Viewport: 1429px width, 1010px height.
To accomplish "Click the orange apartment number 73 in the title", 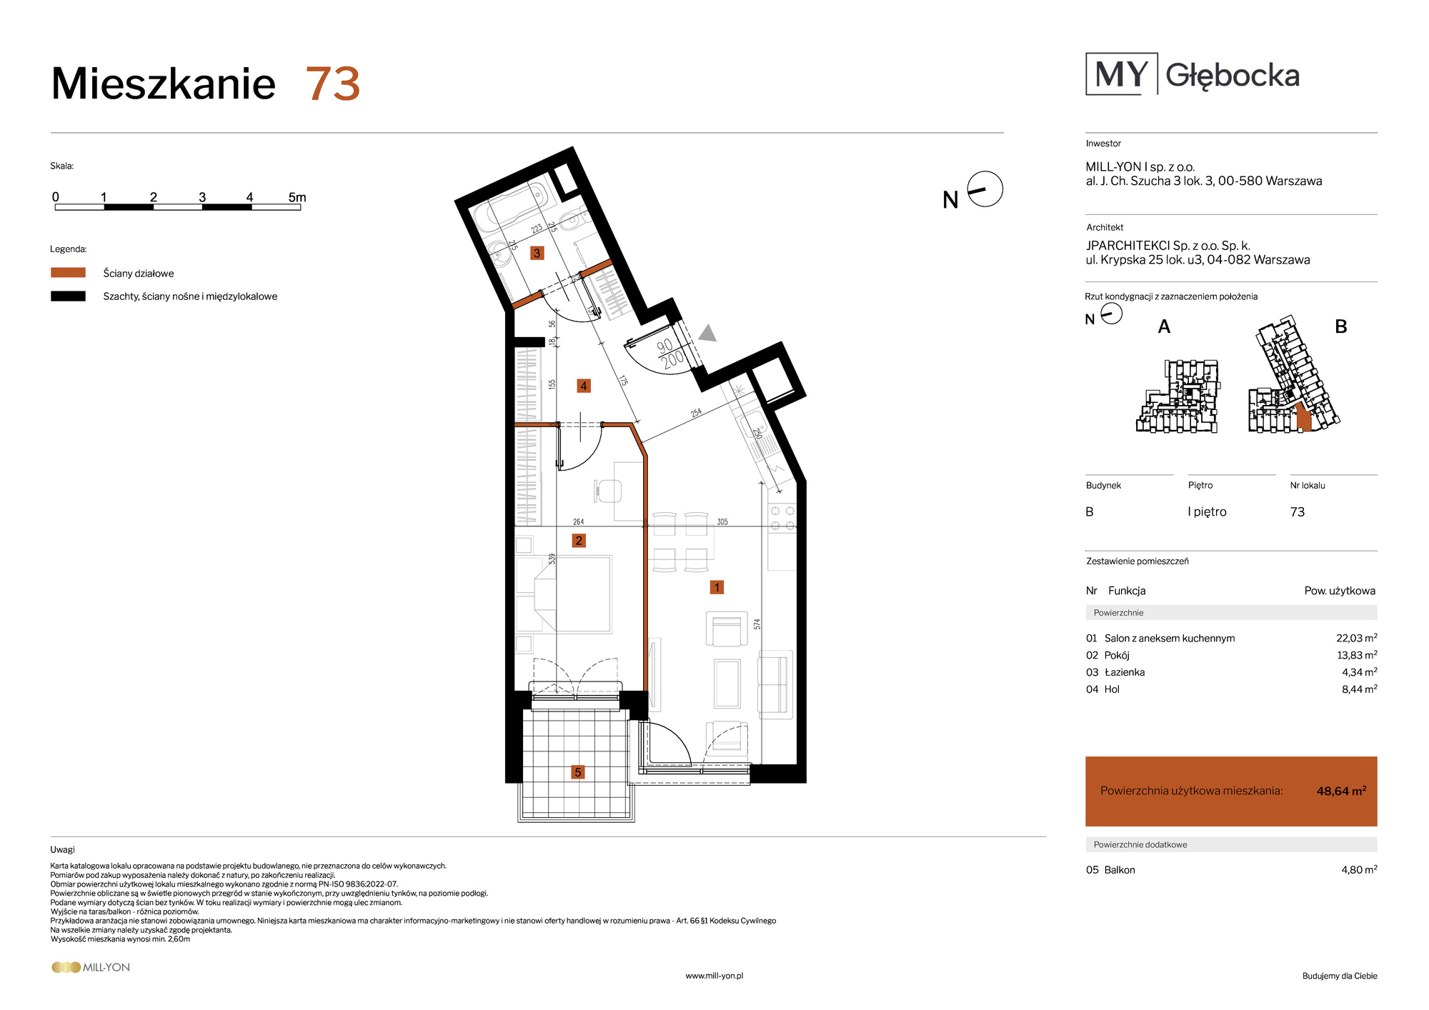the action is click(x=333, y=84).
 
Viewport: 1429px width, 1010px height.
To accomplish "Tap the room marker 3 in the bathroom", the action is click(x=537, y=253).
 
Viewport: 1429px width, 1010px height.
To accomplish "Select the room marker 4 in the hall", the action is click(x=584, y=386).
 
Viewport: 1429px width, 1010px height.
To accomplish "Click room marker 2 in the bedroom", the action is click(x=579, y=541).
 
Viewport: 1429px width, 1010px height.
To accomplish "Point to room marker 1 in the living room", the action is click(x=717, y=587).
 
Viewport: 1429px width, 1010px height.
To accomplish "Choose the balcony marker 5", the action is click(x=578, y=772).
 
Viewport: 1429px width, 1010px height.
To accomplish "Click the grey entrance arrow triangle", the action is click(x=707, y=333).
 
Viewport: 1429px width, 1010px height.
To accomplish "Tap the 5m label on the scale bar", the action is click(x=297, y=197).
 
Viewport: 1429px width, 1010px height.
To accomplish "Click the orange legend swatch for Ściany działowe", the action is click(x=68, y=272).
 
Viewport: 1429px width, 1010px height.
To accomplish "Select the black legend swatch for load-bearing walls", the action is click(x=68, y=296).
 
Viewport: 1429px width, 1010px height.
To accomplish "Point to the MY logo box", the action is click(x=1122, y=74).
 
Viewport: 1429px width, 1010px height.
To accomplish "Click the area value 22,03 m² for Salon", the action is click(x=1357, y=638).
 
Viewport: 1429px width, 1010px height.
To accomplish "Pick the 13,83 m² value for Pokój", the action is click(x=1357, y=655).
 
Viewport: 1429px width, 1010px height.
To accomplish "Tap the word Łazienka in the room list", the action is click(x=1125, y=672).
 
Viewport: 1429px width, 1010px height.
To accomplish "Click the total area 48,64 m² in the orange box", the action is click(x=1341, y=791).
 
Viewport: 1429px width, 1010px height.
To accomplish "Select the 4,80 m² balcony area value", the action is click(x=1359, y=869).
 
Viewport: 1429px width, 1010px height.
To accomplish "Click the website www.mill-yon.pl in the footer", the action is click(x=714, y=976).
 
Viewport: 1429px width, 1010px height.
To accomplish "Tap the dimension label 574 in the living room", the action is click(x=757, y=624).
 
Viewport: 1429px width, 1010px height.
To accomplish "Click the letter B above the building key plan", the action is click(x=1341, y=326).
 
